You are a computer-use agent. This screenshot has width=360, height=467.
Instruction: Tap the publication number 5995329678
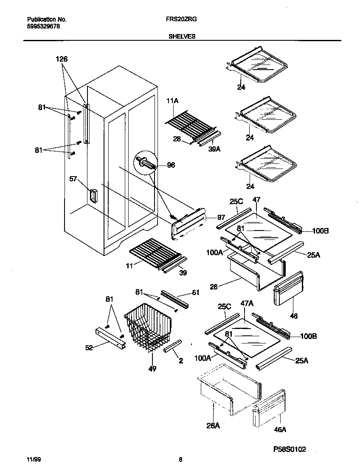click(43, 26)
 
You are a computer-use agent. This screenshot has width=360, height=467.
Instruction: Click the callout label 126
click(62, 59)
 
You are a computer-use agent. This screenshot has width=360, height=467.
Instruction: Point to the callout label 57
click(73, 179)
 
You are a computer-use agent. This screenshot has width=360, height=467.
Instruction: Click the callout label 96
click(171, 165)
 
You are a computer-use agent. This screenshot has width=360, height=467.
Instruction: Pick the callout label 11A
click(173, 101)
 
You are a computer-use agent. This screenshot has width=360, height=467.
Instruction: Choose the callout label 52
click(89, 348)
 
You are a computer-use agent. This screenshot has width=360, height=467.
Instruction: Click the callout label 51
click(195, 292)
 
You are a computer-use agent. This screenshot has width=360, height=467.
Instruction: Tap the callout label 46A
click(280, 430)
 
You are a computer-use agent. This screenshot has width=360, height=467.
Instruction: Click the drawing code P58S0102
click(290, 449)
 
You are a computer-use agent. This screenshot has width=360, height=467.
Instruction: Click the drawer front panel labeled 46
click(289, 289)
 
